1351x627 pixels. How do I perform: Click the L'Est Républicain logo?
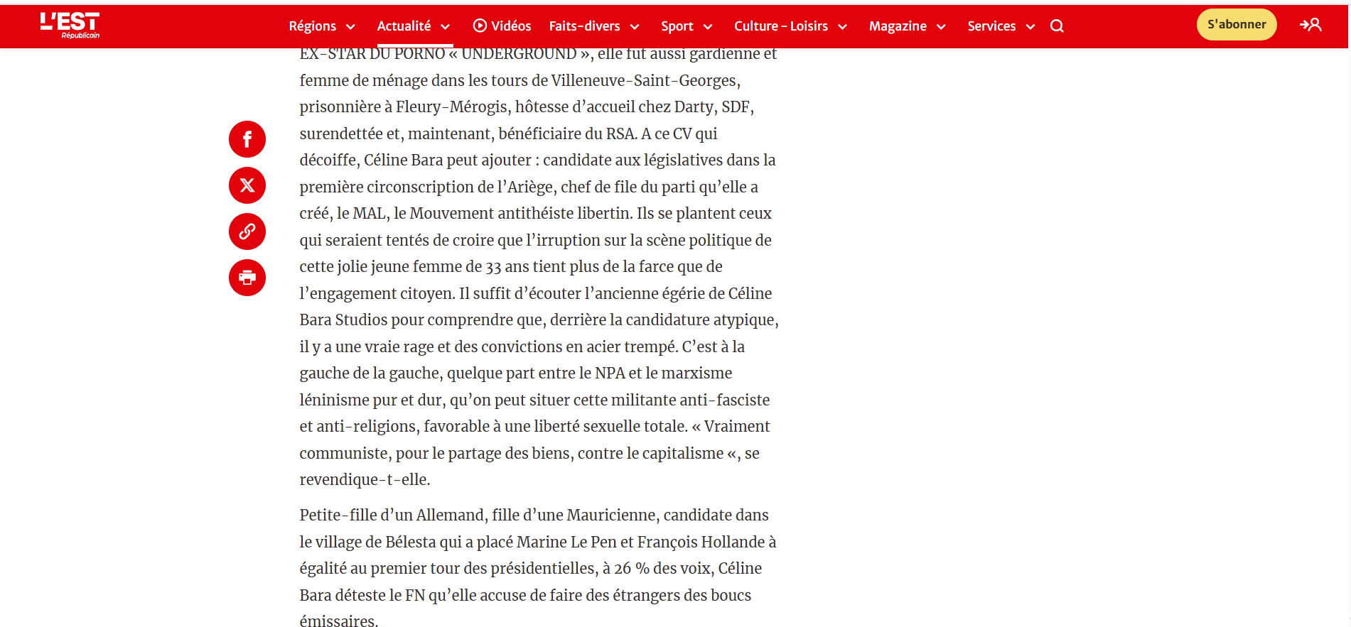click(x=70, y=25)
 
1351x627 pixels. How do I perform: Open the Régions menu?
click(x=321, y=26)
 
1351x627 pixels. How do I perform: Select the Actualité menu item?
click(x=414, y=26)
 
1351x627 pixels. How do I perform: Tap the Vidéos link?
click(x=502, y=26)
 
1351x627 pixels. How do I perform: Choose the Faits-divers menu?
click(x=594, y=26)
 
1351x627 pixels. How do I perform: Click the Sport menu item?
click(x=687, y=26)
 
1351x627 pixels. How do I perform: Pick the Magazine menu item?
click(x=907, y=26)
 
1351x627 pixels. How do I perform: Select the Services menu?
click(x=1001, y=26)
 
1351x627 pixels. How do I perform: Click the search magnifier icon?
click(x=1057, y=26)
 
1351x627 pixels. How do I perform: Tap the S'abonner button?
click(x=1237, y=25)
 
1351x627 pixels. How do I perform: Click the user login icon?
click(x=1310, y=25)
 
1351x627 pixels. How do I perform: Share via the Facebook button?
click(x=247, y=139)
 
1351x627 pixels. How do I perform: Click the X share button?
click(x=247, y=185)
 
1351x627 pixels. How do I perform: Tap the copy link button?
click(x=247, y=231)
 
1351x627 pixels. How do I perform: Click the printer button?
click(x=247, y=278)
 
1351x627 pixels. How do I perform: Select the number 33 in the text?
click(x=493, y=267)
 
